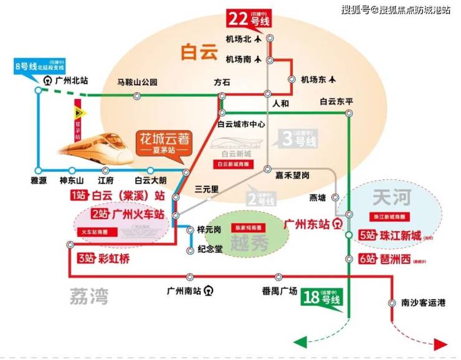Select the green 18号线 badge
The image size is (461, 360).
coord(321,298)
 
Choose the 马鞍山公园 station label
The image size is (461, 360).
coord(138,83)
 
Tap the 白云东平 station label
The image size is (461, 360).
coord(336,102)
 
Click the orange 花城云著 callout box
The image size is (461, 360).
coord(164,144)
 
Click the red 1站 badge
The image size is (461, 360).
coord(80,196)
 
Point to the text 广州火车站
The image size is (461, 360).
coord(138,215)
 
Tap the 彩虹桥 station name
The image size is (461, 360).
coord(113,259)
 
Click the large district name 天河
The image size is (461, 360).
coord(391,198)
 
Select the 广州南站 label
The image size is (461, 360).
coord(184,291)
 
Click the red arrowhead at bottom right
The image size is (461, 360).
coord(442,344)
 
